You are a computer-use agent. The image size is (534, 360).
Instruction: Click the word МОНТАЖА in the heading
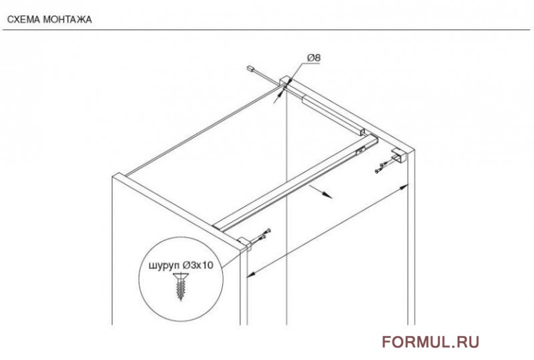[68, 20]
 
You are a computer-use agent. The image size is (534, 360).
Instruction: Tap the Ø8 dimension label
[314, 58]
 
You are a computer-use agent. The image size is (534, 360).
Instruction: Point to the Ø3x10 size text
[198, 265]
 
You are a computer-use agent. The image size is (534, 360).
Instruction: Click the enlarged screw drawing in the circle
[180, 287]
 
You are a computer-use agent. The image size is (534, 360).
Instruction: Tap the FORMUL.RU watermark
[431, 342]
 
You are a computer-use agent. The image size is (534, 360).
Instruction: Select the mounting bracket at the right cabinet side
[398, 156]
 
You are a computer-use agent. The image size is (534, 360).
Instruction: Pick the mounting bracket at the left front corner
[244, 242]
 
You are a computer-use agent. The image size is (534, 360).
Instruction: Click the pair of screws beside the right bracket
[382, 168]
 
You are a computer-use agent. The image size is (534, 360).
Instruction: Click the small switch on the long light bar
[361, 149]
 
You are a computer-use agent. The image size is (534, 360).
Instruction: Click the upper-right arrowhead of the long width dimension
[405, 186]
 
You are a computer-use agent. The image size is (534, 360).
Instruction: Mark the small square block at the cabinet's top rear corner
[285, 81]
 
